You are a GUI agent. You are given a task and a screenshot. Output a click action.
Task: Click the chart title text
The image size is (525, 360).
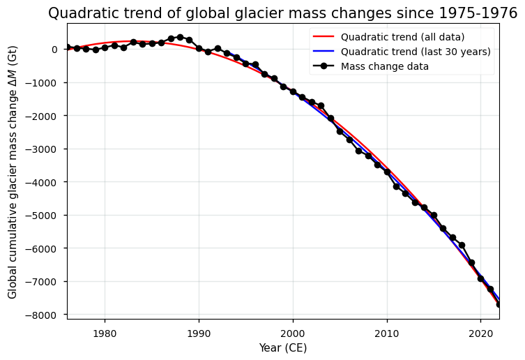tap(282, 13)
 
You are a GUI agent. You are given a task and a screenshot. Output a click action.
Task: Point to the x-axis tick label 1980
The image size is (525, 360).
tap(105, 333)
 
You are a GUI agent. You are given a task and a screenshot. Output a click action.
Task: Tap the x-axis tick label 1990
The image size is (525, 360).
tap(199, 333)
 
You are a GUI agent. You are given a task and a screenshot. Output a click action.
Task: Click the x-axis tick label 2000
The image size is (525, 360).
tap(293, 333)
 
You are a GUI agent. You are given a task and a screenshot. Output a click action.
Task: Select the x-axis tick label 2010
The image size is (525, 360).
tap(387, 333)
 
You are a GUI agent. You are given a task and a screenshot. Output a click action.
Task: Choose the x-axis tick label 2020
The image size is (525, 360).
tap(480, 333)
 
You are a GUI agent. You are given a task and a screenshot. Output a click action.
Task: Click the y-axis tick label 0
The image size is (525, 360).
tap(54, 50)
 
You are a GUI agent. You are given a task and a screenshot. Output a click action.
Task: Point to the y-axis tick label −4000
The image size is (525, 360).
tap(43, 182)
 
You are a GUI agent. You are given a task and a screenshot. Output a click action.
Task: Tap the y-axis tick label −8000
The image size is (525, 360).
tap(43, 315)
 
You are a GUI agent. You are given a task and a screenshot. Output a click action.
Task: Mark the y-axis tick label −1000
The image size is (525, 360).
tap(43, 82)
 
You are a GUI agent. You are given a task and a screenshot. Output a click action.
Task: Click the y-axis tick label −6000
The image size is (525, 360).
tap(43, 248)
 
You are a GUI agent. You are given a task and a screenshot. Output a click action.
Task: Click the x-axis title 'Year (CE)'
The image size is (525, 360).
tap(282, 347)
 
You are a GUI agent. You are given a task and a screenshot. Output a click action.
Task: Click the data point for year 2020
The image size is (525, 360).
tap(480, 278)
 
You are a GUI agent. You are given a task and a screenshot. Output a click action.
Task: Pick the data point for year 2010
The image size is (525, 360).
tap(387, 172)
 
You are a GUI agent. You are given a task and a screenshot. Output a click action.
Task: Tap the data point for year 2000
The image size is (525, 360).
tap(293, 91)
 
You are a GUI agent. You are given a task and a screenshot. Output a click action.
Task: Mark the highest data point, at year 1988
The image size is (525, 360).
tap(180, 37)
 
